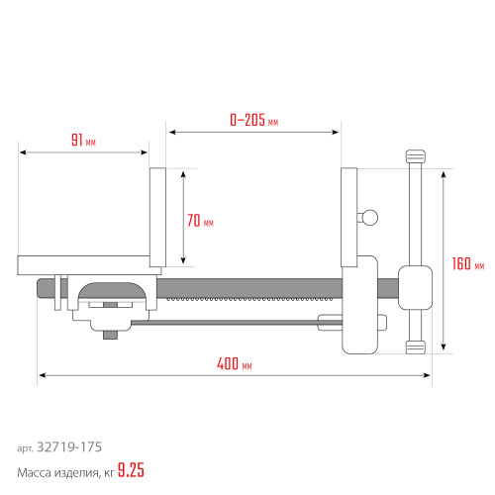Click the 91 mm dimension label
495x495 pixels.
(83, 140)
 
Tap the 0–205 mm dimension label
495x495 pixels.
(254, 120)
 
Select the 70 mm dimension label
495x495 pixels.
(200, 221)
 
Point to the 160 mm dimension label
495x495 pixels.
(468, 263)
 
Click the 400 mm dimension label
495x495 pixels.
(235, 363)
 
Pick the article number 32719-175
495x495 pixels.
(69, 447)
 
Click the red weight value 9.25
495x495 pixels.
(131, 470)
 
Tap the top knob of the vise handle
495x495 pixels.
(416, 156)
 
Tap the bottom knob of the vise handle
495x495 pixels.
(416, 347)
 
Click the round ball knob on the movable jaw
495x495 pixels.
(369, 218)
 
